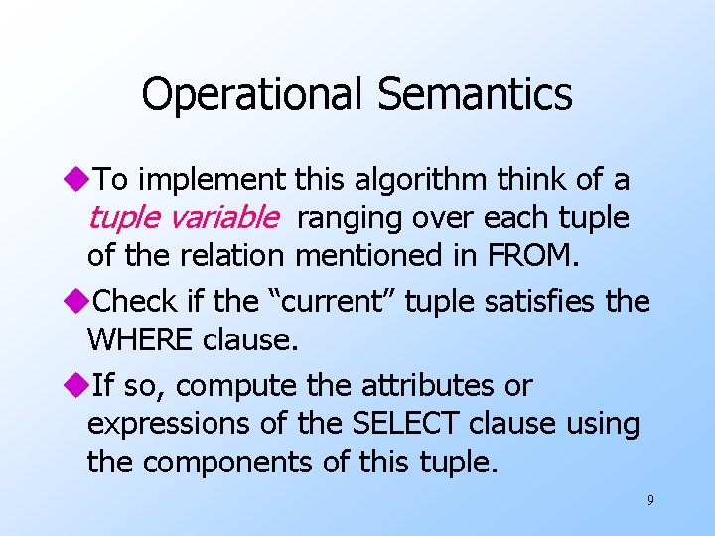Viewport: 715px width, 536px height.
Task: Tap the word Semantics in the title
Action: (475, 95)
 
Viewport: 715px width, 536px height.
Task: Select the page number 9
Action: (650, 500)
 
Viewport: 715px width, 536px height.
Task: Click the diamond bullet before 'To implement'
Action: (79, 180)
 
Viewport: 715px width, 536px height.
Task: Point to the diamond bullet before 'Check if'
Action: (79, 300)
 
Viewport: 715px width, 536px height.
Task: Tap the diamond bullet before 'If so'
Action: (79, 385)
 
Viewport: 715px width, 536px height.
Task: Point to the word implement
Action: (211, 180)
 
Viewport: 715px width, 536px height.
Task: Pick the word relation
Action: (235, 256)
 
